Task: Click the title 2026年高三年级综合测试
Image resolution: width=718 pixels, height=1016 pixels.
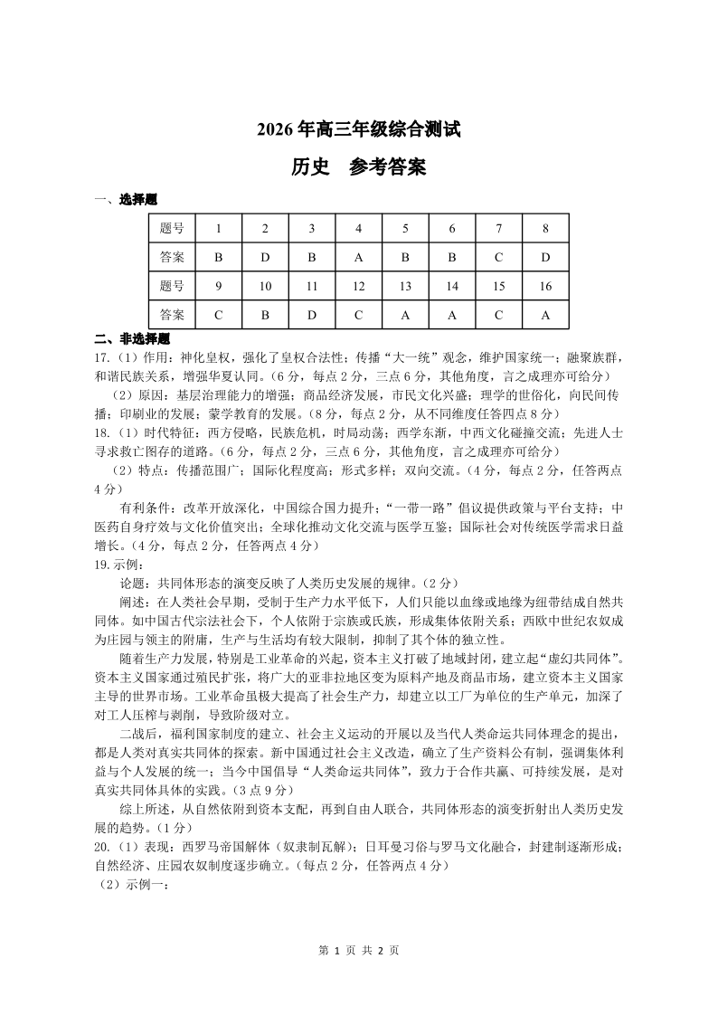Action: tap(359, 130)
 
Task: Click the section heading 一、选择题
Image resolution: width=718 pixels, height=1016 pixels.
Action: tap(126, 200)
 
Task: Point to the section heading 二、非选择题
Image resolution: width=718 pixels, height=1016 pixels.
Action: tap(132, 339)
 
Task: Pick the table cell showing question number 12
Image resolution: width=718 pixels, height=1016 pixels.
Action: tap(358, 286)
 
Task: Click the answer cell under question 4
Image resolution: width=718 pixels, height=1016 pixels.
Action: tap(358, 257)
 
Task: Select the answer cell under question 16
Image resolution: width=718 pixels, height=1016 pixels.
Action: tap(545, 315)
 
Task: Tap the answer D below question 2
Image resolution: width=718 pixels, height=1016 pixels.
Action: tap(265, 257)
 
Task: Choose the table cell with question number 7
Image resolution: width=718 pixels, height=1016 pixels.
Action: tap(498, 228)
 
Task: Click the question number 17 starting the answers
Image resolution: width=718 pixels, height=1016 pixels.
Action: tap(101, 356)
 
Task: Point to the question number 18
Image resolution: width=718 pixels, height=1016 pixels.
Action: tap(101, 432)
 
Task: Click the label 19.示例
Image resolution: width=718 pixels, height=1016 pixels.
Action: tap(115, 564)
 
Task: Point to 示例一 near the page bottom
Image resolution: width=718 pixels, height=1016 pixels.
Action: tap(134, 884)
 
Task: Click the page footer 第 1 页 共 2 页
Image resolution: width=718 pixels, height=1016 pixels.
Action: tap(359, 950)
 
